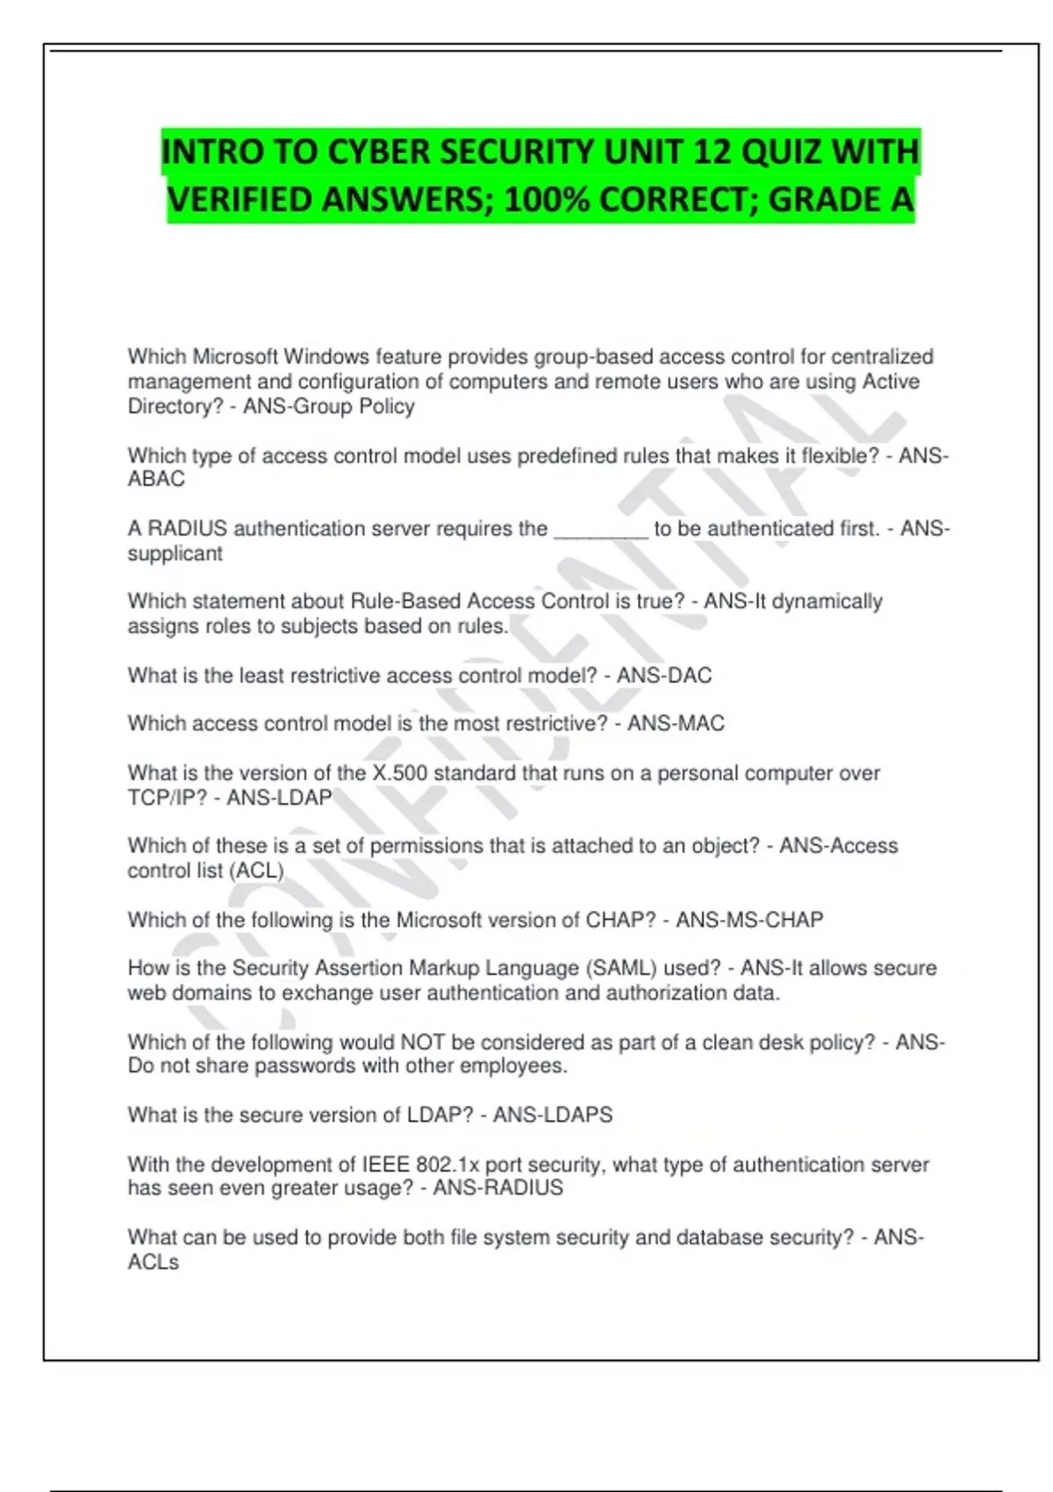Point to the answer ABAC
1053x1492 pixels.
point(156,479)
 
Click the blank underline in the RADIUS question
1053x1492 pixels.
point(601,529)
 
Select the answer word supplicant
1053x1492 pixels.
point(175,554)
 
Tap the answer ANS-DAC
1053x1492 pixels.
point(663,676)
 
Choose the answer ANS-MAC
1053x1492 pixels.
point(676,724)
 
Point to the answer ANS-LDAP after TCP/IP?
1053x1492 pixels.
point(279,798)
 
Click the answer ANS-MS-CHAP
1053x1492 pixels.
point(749,920)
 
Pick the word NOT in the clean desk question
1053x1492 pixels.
point(423,1043)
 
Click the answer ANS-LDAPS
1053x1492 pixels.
point(552,1115)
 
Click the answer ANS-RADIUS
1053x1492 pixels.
point(498,1188)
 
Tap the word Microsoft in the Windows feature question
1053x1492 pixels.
point(235,357)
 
